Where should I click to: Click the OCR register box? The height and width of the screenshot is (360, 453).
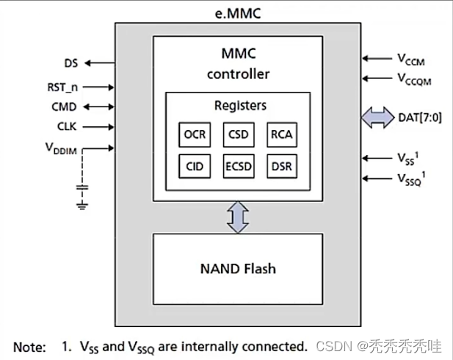[x=194, y=136]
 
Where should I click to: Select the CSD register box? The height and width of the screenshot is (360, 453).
[x=238, y=136]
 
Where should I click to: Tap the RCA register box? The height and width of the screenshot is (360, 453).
[x=281, y=136]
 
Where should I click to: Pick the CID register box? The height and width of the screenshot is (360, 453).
[x=194, y=166]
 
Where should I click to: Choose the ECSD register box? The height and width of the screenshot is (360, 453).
[x=238, y=166]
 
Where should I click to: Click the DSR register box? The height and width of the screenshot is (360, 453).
[x=281, y=166]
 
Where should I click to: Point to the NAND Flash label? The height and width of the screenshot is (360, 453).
[x=237, y=268]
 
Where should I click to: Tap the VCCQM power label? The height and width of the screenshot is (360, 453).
[x=413, y=77]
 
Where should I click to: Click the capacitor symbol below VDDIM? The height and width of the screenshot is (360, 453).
[x=82, y=188]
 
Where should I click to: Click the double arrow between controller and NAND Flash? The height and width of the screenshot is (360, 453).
[x=237, y=217]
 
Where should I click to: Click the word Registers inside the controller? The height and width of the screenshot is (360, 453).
[x=237, y=106]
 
